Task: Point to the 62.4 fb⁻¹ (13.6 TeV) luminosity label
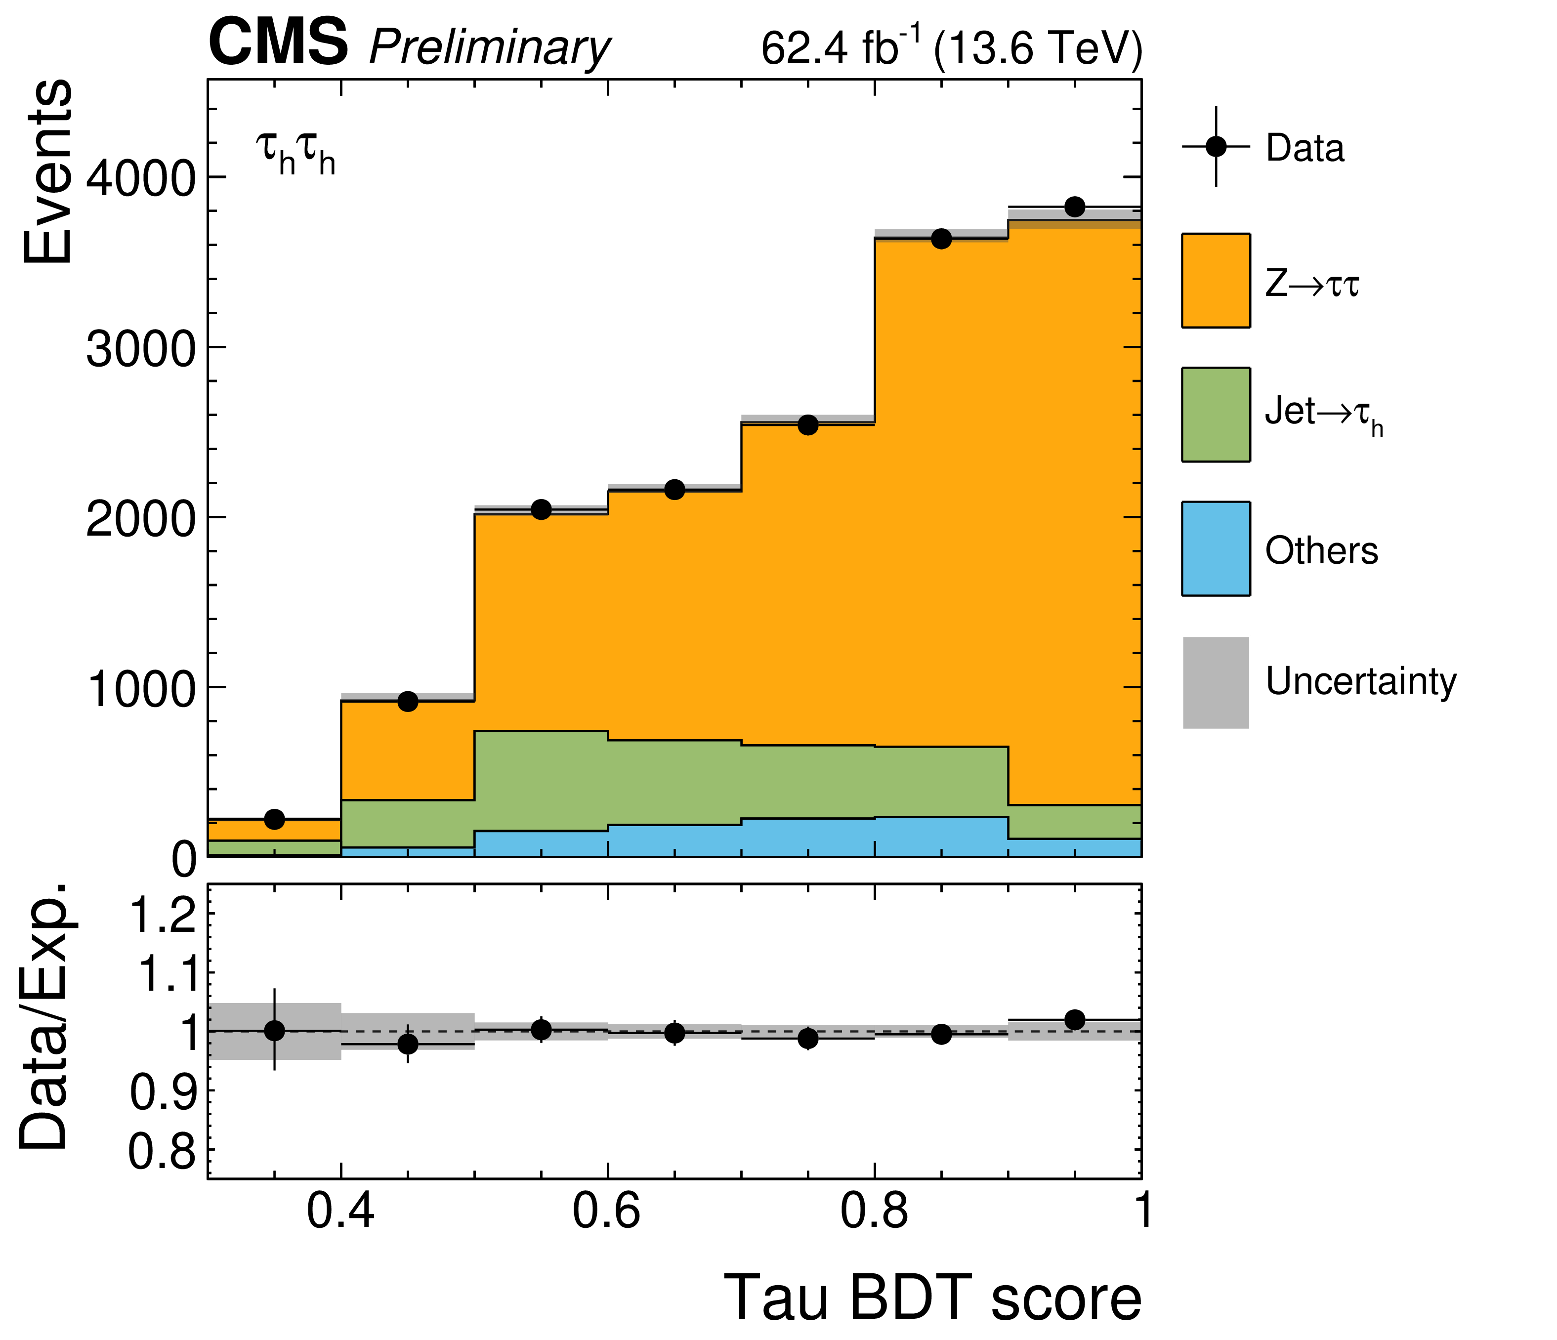(x=951, y=48)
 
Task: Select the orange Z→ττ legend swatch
(x=1216, y=280)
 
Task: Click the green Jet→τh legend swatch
(x=1216, y=414)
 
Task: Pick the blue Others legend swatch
(x=1216, y=548)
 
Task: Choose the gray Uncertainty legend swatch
(x=1216, y=682)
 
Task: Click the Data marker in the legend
(x=1216, y=147)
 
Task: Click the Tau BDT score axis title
(x=932, y=1298)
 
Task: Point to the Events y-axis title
(x=46, y=171)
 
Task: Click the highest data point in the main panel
(x=1075, y=207)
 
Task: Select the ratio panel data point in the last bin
(x=1075, y=1020)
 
